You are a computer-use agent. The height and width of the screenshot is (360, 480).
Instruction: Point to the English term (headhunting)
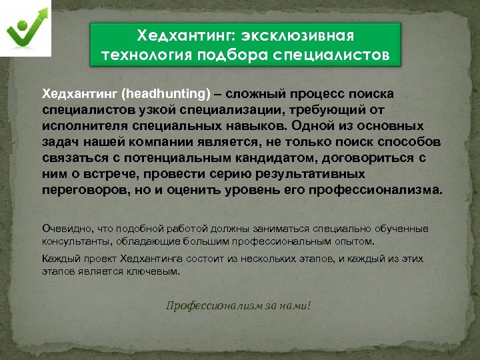point(164,92)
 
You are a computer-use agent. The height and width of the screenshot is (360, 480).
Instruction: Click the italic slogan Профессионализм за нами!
point(238,305)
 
